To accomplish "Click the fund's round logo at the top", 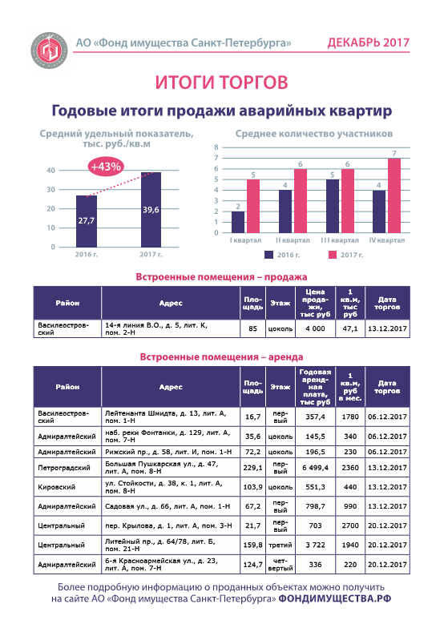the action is coord(50,50).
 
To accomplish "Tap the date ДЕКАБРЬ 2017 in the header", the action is coord(369,42).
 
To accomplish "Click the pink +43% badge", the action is coord(106,167).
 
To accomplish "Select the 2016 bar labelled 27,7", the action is coord(87,221).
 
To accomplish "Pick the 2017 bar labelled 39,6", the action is coord(151,210).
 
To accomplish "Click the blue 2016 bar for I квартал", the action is coord(237,222).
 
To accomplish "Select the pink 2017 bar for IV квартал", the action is coord(394,195).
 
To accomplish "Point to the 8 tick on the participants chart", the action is coord(216,147).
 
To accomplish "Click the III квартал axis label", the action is coord(340,240).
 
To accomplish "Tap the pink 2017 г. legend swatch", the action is coord(333,255).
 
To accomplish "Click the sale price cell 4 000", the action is coord(316,328).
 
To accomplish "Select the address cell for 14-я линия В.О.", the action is coord(171,328).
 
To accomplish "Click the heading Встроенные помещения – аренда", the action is coord(221,357).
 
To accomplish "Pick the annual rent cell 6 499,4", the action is coord(316,468).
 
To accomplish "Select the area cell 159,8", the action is coord(253,545).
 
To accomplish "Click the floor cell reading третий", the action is coord(281,545).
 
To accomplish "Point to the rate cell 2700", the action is coord(350,525).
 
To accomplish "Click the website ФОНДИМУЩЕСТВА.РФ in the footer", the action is coord(335,599).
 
